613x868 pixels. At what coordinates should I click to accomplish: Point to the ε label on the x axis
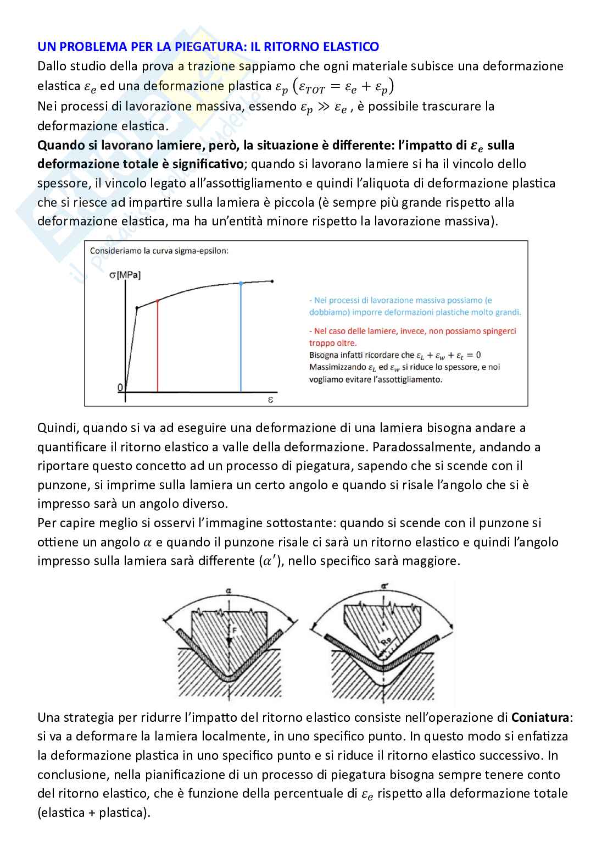[270, 401]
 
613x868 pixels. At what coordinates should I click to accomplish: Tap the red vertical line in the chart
[158, 346]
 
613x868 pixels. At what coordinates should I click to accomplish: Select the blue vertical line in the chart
[241, 338]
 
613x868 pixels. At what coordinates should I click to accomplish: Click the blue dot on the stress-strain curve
[241, 283]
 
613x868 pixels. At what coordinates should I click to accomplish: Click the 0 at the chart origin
[120, 388]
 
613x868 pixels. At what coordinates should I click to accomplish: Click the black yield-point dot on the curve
[137, 307]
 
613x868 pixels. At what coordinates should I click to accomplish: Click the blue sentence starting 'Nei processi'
[415, 306]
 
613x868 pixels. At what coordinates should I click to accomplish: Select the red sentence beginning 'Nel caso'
[412, 336]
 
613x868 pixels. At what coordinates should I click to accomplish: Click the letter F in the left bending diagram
[233, 633]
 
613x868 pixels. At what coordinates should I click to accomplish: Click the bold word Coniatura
[541, 717]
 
